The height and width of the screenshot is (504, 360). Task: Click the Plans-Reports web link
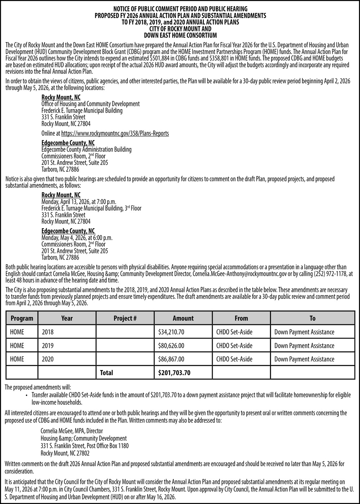[115, 134]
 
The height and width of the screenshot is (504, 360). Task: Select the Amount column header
[183, 318]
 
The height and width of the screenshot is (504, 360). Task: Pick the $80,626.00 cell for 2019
[171, 346]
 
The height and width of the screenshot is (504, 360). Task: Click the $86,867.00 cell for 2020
[171, 359]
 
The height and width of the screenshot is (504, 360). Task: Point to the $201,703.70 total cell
[174, 373]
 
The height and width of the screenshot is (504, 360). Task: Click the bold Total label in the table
[106, 373]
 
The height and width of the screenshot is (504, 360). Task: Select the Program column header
[22, 318]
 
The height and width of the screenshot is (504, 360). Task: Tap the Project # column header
[125, 318]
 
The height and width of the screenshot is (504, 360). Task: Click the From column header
[241, 318]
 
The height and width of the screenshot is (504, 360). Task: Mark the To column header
[312, 318]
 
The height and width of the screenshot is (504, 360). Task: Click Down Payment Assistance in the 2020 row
[304, 359]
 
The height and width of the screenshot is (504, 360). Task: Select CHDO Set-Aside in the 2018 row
[234, 332]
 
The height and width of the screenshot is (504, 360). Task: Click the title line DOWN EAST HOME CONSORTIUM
[180, 36]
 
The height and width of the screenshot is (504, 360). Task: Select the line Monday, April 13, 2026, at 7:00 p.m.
[79, 202]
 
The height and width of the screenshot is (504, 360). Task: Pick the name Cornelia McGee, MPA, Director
[72, 431]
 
